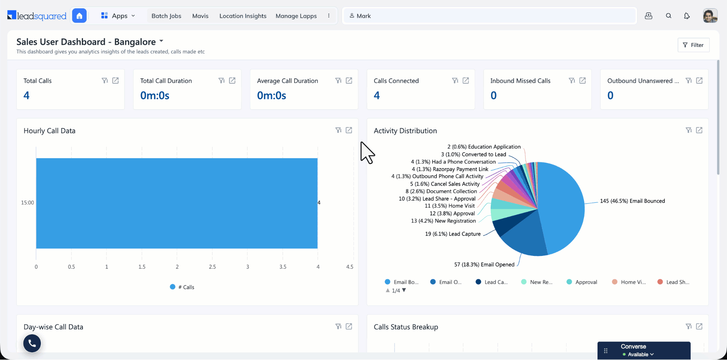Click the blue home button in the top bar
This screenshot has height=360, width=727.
click(x=79, y=16)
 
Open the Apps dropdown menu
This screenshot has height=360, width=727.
click(x=118, y=16)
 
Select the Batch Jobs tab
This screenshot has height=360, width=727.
click(x=166, y=16)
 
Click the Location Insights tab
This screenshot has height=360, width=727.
click(x=243, y=16)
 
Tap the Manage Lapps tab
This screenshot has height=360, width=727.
click(x=296, y=16)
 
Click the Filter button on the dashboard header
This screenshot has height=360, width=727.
click(x=693, y=45)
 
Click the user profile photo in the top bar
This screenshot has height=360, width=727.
click(x=710, y=16)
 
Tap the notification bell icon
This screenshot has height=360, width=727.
click(x=687, y=16)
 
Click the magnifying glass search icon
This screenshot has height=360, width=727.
click(x=669, y=16)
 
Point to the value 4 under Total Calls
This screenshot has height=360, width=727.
click(x=27, y=95)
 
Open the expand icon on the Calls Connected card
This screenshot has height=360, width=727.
click(x=466, y=81)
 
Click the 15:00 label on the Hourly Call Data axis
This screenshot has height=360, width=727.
click(x=27, y=203)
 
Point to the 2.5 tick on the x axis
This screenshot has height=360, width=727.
click(x=212, y=267)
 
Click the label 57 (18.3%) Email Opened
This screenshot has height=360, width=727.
click(x=484, y=265)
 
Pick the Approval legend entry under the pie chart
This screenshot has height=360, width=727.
click(x=582, y=282)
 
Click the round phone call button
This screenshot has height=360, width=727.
click(x=32, y=343)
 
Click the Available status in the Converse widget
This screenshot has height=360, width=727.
click(x=638, y=355)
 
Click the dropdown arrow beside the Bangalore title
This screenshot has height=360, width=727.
click(x=161, y=41)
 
